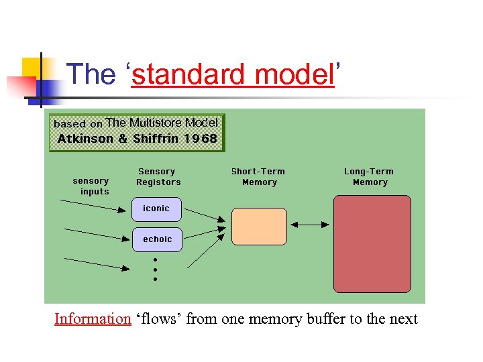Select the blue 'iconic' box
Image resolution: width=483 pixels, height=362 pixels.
point(157,208)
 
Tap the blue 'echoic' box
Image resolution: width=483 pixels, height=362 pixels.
point(157,239)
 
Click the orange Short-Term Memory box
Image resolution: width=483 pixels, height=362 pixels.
point(259,226)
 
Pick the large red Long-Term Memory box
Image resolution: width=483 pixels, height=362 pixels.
point(372,243)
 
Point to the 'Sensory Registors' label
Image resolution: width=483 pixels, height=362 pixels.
point(158,177)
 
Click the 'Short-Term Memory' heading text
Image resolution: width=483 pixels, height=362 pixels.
point(258,177)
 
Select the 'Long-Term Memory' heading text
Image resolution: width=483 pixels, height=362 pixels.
point(369,177)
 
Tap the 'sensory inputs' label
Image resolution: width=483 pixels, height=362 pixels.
point(91,186)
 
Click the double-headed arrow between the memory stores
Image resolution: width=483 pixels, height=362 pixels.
point(309,225)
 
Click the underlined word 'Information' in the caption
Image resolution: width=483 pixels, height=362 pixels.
point(93,318)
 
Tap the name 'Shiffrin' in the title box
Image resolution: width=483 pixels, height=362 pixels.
point(156,139)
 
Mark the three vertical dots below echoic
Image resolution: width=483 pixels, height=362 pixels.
point(155,269)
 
